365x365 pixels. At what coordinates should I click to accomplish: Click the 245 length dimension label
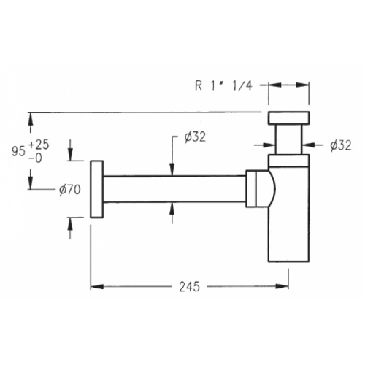coord(189,286)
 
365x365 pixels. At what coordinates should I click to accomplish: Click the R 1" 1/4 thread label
coord(223,85)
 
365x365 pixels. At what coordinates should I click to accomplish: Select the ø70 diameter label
coord(69,189)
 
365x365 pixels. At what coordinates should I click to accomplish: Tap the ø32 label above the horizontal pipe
coord(195,137)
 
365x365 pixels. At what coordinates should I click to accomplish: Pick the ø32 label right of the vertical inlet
coord(341,145)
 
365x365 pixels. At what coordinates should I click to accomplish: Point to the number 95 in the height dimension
coord(18,152)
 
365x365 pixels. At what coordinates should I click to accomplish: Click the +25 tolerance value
coord(39,145)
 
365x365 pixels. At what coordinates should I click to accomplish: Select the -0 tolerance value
coord(36,158)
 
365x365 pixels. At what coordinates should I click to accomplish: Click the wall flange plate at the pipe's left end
coord(97,189)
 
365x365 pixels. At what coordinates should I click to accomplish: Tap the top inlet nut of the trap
coord(289,118)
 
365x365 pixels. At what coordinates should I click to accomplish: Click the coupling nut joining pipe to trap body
coord(251,189)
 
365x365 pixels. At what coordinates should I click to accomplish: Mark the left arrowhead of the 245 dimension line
coord(97,286)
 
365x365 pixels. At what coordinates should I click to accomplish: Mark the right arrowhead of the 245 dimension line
coord(282,286)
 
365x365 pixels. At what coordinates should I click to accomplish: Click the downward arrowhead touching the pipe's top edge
coord(172,169)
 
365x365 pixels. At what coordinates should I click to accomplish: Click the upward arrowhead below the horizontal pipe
coord(172,209)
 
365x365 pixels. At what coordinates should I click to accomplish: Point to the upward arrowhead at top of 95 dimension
coord(31,119)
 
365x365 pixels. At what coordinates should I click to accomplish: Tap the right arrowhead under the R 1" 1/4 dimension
coord(303,85)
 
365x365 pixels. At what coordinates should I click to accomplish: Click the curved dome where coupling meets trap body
coord(272,189)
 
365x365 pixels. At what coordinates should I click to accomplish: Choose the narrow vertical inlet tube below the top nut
coord(289,139)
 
